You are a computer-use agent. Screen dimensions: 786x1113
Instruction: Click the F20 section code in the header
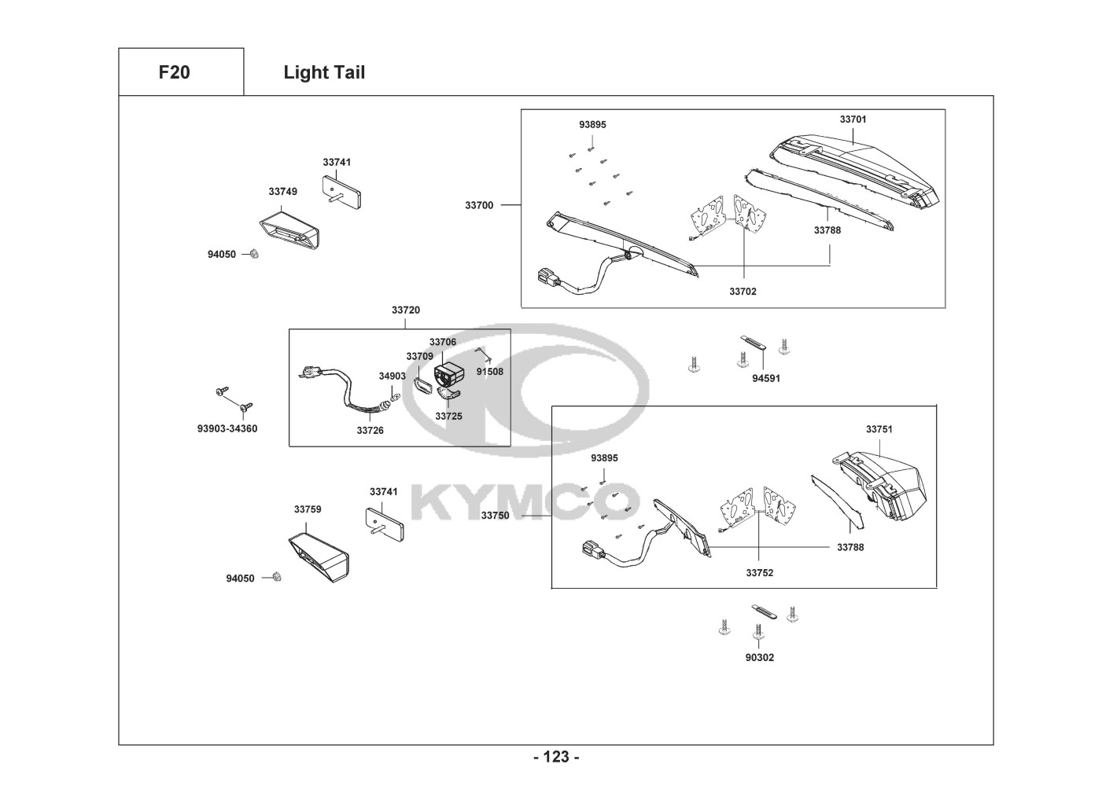(174, 72)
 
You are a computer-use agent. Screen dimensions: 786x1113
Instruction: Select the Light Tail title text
(324, 72)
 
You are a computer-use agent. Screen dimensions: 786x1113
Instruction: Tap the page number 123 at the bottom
(556, 757)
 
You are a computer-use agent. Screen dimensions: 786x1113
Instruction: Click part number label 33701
(853, 119)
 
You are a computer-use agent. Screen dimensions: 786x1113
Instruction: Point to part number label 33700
(479, 205)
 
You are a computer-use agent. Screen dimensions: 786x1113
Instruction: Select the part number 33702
(743, 292)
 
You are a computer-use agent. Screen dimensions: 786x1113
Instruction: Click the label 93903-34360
(227, 428)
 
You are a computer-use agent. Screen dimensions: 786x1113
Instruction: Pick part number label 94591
(766, 378)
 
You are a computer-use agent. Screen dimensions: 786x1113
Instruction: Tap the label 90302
(760, 657)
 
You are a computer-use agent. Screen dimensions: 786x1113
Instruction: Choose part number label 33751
(879, 429)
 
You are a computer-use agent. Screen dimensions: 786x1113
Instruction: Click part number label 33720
(406, 310)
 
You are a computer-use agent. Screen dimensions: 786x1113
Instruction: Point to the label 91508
(490, 372)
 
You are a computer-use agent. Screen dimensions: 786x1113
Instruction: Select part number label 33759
(308, 509)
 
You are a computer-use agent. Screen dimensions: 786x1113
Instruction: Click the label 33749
(282, 191)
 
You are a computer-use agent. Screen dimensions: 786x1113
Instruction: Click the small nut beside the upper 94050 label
(254, 254)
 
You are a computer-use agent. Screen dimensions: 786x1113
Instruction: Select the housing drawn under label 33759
(319, 556)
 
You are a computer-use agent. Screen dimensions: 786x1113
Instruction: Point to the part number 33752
(760, 573)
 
